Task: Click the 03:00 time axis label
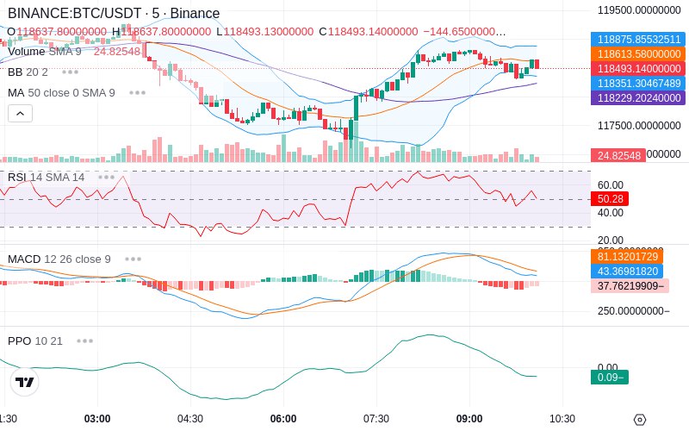(97, 418)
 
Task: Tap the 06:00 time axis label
(283, 418)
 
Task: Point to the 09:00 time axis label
(469, 418)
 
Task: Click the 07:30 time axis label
(376, 418)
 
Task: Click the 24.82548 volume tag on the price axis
(617, 155)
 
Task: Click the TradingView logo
(25, 382)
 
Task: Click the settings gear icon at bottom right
(639, 420)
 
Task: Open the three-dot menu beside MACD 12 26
(133, 259)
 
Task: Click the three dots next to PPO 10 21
(84, 340)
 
